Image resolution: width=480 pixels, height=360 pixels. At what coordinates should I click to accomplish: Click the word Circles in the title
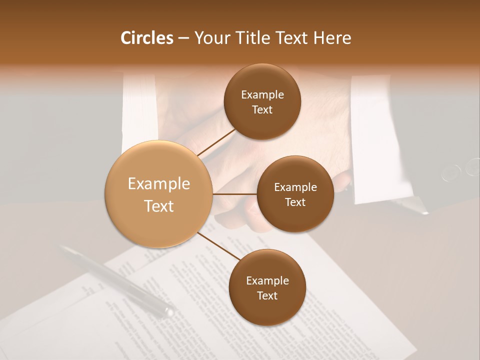(146, 38)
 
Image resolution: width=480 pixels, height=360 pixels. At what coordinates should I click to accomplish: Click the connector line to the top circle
(216, 142)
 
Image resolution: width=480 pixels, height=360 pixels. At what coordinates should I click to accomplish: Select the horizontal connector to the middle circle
(234, 194)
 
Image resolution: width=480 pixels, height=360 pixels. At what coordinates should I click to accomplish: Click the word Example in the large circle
(159, 184)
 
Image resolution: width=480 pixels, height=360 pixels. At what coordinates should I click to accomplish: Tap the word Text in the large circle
(159, 206)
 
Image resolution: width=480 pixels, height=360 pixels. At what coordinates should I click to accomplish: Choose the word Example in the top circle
(262, 95)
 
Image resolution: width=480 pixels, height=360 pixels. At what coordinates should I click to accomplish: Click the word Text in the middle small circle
(295, 202)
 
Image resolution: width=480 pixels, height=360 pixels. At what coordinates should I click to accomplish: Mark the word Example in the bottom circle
(267, 281)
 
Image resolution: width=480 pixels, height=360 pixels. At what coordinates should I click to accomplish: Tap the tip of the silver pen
(169, 312)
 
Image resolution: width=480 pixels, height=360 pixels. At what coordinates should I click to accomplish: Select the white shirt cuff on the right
(372, 140)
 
